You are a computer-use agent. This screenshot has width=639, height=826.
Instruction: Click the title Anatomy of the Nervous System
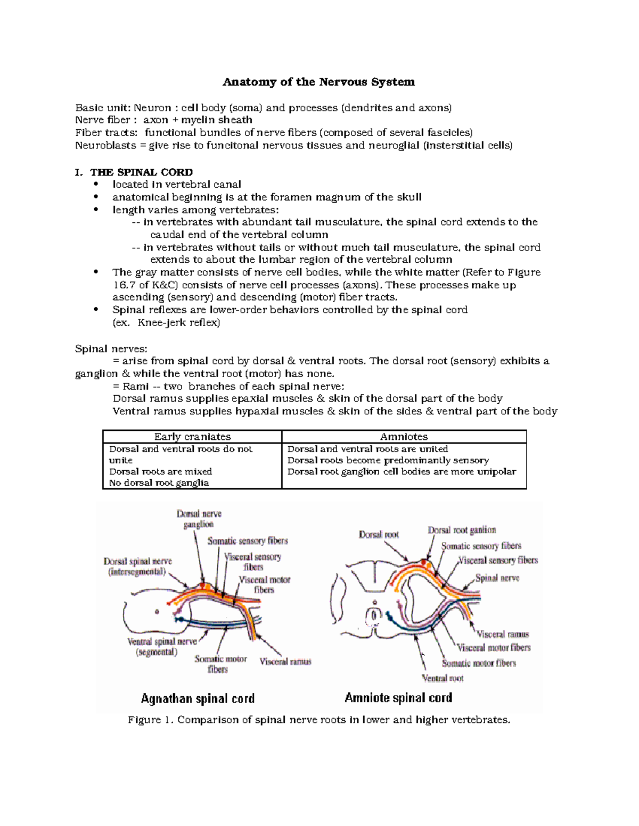[x=318, y=82]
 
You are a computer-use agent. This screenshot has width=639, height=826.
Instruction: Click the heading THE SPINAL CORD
[x=141, y=172]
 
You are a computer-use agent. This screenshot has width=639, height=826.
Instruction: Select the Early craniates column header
[x=192, y=437]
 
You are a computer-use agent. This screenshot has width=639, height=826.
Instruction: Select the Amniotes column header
[x=404, y=437]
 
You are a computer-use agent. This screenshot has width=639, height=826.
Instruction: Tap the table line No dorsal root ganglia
[x=159, y=483]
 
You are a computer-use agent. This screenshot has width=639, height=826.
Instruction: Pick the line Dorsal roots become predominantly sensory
[x=388, y=460]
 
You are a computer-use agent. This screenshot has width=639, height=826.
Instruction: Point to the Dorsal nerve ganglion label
[x=199, y=519]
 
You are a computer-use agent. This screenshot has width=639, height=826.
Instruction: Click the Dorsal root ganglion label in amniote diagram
[x=462, y=530]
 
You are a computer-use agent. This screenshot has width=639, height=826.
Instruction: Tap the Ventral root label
[x=443, y=678]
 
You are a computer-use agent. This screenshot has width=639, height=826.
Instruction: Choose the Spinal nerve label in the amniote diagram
[x=497, y=578]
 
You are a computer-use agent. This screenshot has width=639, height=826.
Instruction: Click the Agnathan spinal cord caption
[x=198, y=698]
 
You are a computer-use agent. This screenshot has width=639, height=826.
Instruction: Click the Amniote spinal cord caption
[x=398, y=698]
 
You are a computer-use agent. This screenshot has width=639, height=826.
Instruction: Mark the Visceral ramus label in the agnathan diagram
[x=285, y=662]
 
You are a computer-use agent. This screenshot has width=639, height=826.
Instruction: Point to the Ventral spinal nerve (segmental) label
[x=162, y=647]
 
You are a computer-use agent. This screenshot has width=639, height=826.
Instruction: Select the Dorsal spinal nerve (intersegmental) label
[x=137, y=567]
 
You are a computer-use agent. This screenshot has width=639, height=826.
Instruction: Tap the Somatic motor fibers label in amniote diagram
[x=479, y=663]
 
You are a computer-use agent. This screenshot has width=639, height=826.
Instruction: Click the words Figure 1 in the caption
[x=151, y=720]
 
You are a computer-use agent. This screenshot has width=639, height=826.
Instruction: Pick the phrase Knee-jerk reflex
[x=178, y=323]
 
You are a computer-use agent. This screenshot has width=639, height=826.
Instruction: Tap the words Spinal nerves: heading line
[x=111, y=349]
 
